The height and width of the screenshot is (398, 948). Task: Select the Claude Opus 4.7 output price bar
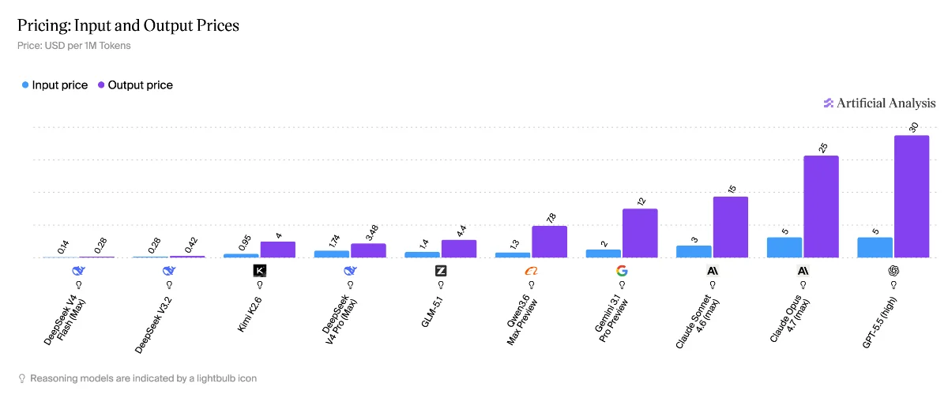click(821, 206)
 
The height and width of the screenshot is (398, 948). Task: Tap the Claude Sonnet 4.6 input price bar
click(694, 251)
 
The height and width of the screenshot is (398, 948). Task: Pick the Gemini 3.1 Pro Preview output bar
click(640, 233)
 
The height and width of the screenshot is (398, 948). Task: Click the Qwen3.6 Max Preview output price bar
click(549, 242)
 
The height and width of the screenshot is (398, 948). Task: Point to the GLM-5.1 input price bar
click(423, 254)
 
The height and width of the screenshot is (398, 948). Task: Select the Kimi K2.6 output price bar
click(278, 250)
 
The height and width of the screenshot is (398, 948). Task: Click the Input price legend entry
click(55, 85)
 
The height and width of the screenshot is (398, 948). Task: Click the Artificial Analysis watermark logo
click(879, 103)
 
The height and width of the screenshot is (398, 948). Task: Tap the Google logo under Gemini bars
click(622, 270)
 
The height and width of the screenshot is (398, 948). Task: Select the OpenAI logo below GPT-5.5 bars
click(893, 270)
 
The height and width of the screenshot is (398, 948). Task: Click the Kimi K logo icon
click(260, 270)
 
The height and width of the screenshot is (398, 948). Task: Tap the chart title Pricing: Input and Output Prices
click(128, 25)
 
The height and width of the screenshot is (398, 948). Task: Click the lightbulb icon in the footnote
click(21, 378)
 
